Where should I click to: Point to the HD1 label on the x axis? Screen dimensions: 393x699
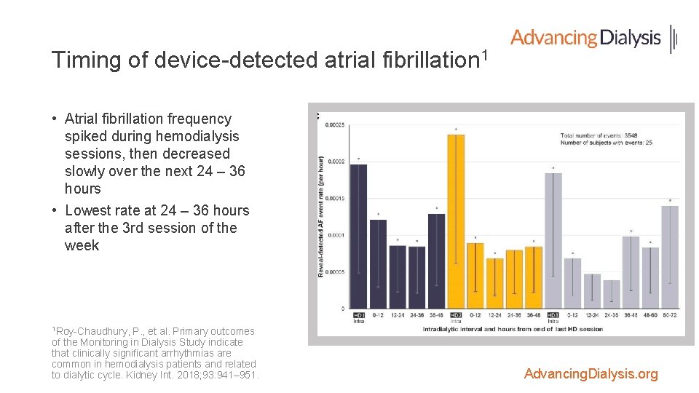(x=359, y=315)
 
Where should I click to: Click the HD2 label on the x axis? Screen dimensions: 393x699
(x=456, y=315)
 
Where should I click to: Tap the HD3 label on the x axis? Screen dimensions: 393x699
(x=553, y=315)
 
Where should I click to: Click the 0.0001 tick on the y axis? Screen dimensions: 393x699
(x=336, y=235)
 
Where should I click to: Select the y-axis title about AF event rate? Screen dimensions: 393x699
(x=321, y=216)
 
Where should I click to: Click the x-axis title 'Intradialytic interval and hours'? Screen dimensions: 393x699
(x=513, y=329)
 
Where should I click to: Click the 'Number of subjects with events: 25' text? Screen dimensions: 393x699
(x=606, y=143)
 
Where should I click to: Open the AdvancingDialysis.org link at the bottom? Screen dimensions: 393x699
(x=591, y=374)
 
